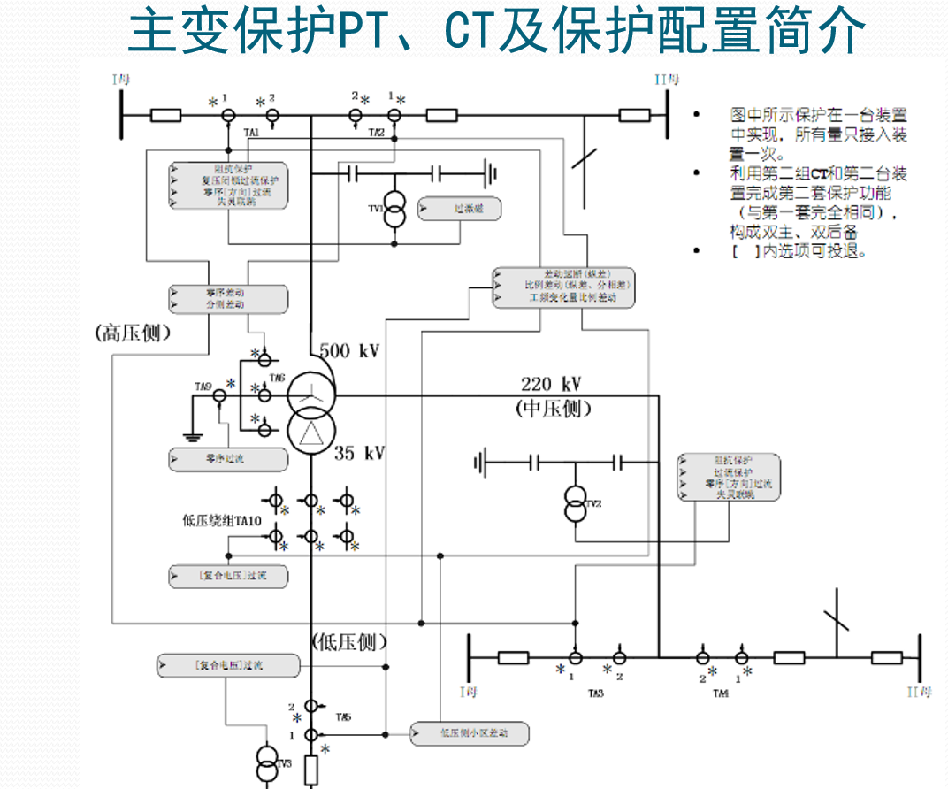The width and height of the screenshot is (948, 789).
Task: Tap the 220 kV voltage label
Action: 551,385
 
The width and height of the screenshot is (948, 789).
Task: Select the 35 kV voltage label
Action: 360,454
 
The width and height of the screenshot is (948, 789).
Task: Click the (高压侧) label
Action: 133,333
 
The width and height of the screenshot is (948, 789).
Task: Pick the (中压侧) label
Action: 553,409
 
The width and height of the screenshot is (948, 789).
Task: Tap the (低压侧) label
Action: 350,641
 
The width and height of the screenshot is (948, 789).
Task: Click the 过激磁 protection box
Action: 459,210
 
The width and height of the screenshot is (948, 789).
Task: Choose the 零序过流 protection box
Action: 228,459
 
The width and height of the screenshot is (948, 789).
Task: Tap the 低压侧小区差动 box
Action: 470,733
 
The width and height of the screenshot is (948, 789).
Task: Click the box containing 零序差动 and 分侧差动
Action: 228,298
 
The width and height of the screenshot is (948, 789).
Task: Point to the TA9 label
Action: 203,387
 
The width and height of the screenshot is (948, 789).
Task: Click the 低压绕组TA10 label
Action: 220,521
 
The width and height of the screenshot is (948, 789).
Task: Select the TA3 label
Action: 596,693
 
